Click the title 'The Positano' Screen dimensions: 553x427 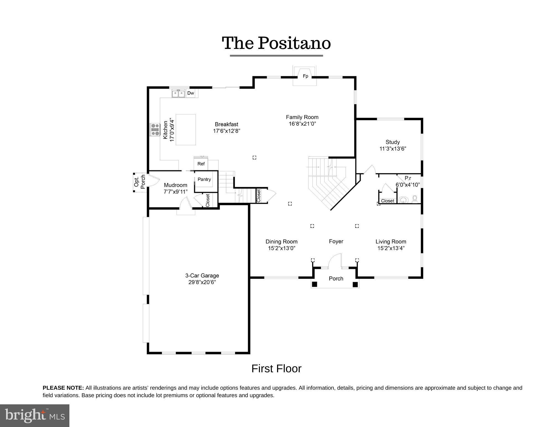click(x=276, y=43)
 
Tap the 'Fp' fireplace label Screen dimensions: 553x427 click(x=305, y=76)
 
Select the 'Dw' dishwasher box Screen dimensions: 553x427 click(x=191, y=93)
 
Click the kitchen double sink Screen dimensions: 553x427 click(x=178, y=93)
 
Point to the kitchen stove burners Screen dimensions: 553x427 click(x=155, y=129)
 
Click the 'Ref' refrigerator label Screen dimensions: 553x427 click(x=201, y=164)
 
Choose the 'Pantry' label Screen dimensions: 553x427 click(x=204, y=179)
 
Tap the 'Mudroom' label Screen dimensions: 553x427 click(x=176, y=185)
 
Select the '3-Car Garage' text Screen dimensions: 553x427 click(x=202, y=276)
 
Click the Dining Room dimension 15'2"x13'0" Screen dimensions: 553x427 click(x=282, y=248)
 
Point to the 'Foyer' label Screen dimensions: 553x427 click(x=336, y=242)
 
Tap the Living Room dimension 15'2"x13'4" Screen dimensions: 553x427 click(x=391, y=248)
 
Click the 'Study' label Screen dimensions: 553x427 click(x=393, y=142)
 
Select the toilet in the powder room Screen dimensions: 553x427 click(x=414, y=199)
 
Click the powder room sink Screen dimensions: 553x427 click(x=404, y=200)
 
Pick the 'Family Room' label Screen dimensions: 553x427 click(x=302, y=117)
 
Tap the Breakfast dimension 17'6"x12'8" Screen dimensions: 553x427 click(x=226, y=131)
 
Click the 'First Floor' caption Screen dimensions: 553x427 click(x=276, y=369)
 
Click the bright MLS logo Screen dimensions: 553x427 click(x=35, y=415)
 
